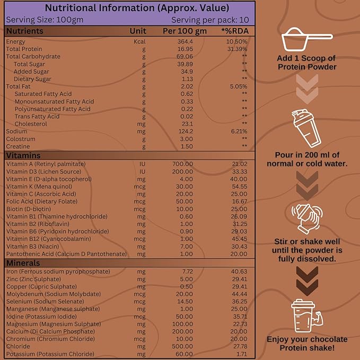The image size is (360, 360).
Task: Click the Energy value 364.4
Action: tap(183, 41)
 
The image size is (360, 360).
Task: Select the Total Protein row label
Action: tap(20, 49)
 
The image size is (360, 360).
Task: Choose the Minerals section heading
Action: tap(23, 263)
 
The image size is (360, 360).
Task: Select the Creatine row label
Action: tap(18, 146)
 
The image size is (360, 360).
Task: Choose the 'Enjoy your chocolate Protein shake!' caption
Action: tap(307, 344)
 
